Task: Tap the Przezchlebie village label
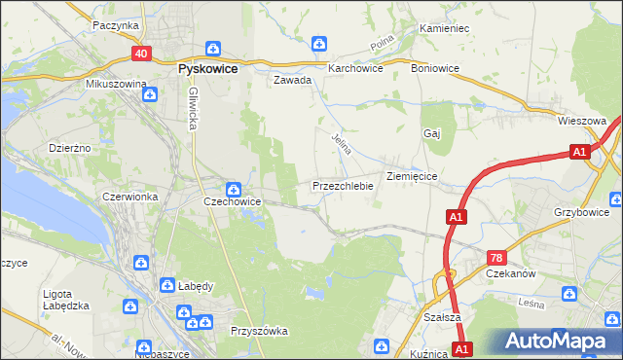(343, 186)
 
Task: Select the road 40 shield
(142, 54)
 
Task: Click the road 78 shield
(496, 257)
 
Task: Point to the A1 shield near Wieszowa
(579, 152)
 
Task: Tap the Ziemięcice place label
(417, 176)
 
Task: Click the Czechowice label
(232, 201)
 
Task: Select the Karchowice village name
(355, 69)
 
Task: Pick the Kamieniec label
(444, 28)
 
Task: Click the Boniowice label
(434, 69)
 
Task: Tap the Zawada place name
(292, 81)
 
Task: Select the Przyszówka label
(259, 331)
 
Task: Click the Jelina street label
(341, 146)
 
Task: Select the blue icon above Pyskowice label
(212, 49)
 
